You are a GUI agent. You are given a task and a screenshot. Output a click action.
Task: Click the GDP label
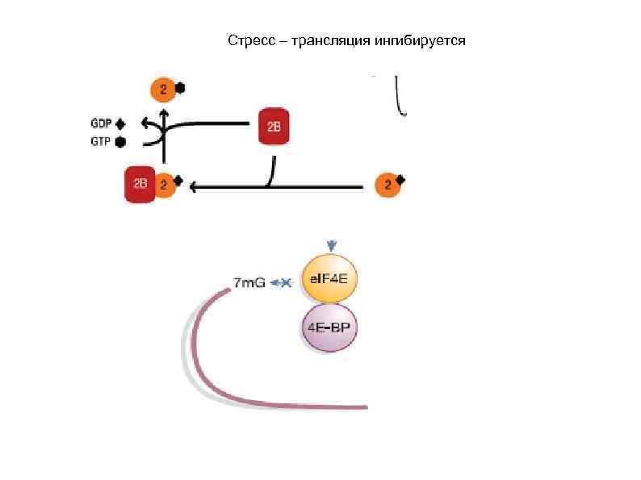[x=101, y=123]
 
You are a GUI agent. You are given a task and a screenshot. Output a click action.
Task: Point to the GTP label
[x=101, y=141]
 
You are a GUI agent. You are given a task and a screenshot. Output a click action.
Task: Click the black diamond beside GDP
[x=121, y=123]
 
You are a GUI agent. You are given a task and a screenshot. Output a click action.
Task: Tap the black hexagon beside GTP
[x=121, y=141]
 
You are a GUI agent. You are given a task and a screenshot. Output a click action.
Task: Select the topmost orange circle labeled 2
[x=163, y=89]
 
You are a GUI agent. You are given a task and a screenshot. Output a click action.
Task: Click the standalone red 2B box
[x=274, y=127]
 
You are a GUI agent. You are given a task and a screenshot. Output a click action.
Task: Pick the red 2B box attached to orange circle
[x=140, y=185]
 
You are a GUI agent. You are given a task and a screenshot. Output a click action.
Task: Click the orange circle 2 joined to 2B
[x=164, y=185]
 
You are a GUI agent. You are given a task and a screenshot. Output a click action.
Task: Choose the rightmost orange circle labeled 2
[x=388, y=185]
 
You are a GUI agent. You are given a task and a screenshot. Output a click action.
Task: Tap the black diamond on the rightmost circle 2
[x=400, y=178]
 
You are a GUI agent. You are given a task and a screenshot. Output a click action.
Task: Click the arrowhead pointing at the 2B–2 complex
[x=194, y=187]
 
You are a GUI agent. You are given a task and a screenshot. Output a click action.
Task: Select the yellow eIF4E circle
[x=329, y=280]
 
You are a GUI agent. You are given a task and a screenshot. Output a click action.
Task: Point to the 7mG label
[x=249, y=282]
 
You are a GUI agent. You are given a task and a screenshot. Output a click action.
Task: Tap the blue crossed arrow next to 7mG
[x=283, y=282]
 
